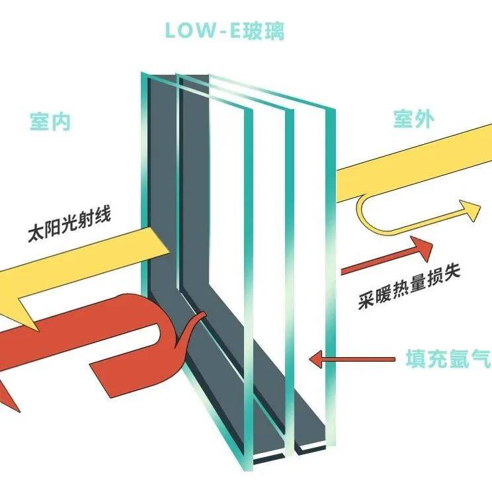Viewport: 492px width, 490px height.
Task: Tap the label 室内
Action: point(50,122)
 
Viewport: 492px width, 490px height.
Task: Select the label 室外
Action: point(413,119)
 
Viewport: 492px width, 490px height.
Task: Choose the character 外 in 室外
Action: point(425,119)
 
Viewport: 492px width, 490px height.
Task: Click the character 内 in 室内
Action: point(61,122)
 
